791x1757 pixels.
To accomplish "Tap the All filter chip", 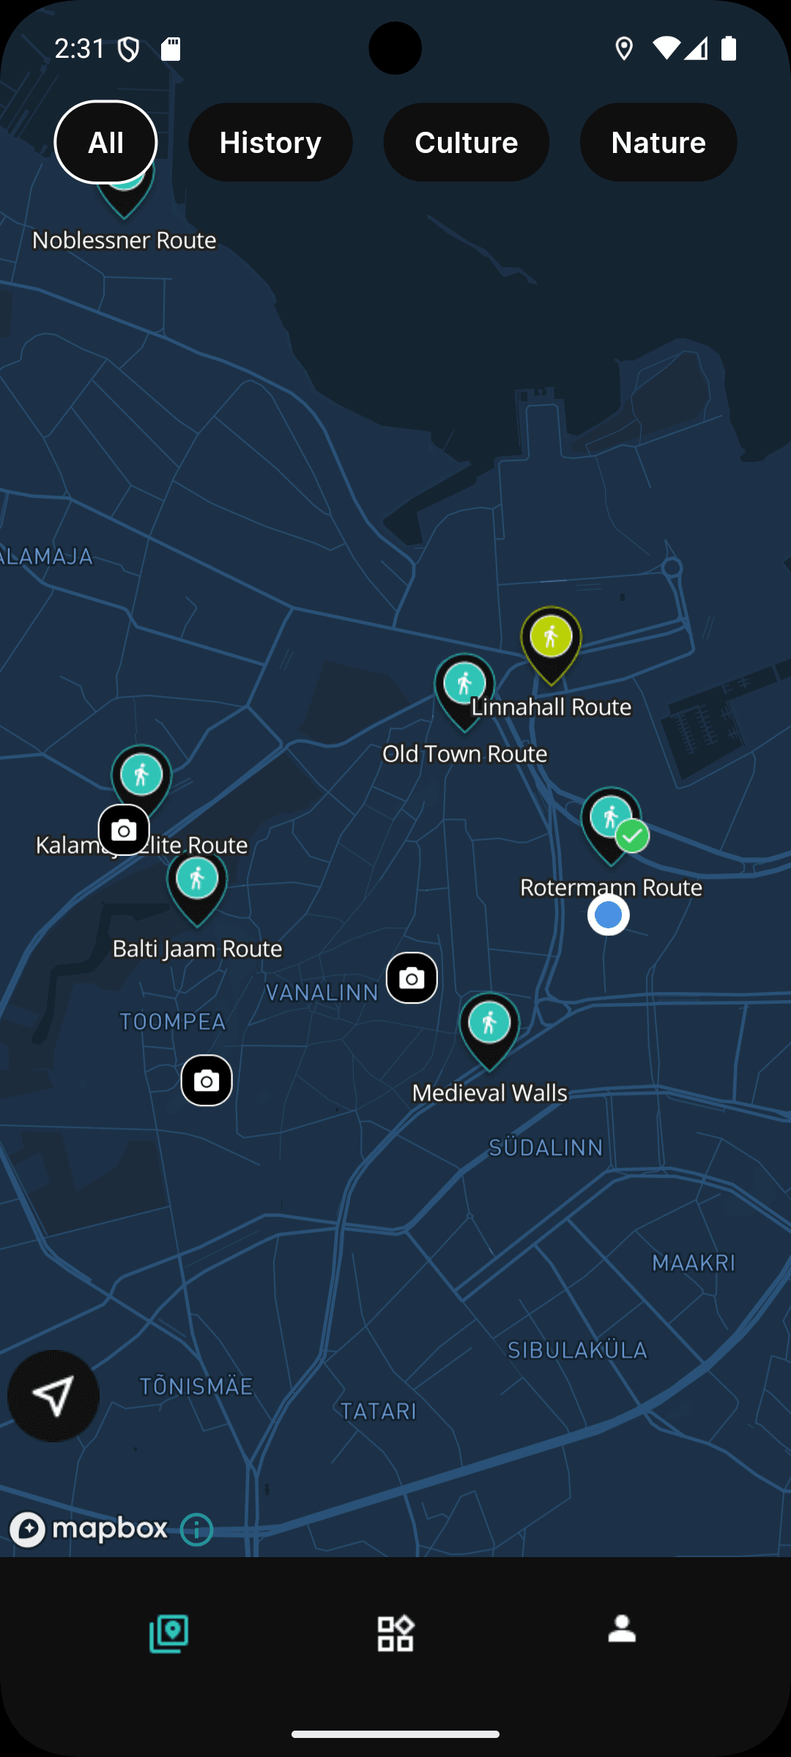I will [105, 142].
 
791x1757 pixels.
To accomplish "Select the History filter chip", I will [270, 142].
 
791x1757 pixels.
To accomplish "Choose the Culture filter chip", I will [466, 142].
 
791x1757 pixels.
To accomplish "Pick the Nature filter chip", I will [658, 142].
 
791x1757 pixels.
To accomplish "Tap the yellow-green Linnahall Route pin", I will [552, 639].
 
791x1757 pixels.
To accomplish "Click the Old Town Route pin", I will [464, 687].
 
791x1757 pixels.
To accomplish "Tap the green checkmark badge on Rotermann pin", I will [632, 836].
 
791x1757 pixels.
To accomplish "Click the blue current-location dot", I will [608, 914].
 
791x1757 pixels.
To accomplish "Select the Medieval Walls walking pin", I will [489, 1025].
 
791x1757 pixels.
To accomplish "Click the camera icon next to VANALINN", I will [412, 978].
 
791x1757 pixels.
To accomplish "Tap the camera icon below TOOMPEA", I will [207, 1081].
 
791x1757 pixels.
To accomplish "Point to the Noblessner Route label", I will [125, 240].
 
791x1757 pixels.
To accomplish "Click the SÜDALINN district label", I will [546, 1147].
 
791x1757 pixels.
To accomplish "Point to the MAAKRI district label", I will [694, 1263].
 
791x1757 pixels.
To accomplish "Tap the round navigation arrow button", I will [53, 1396].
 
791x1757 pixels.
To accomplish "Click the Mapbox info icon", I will [196, 1529].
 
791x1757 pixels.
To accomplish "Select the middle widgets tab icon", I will [395, 1633].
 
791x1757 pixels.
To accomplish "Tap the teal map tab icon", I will [169, 1633].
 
